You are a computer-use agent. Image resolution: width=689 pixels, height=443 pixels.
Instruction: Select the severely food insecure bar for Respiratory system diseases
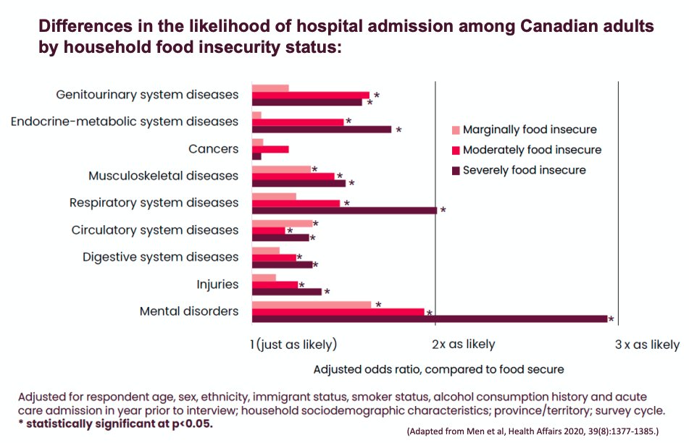point(344,211)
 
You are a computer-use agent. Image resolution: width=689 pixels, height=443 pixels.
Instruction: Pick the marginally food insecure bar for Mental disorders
point(312,305)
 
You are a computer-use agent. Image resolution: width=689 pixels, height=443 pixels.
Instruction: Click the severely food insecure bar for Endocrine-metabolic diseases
point(322,130)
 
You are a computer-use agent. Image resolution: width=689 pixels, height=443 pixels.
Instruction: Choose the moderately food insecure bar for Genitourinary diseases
point(311,95)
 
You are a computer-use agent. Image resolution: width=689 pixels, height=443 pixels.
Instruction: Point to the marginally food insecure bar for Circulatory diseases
point(282,224)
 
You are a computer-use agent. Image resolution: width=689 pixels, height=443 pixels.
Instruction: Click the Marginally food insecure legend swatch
point(456,130)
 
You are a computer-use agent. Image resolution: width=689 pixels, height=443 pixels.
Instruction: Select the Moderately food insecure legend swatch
point(456,150)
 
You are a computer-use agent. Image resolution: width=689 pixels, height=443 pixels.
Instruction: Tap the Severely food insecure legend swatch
point(456,170)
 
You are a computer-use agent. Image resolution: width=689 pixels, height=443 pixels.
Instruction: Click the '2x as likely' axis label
point(464,345)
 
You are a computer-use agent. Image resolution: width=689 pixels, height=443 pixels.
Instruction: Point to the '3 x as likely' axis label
point(647,345)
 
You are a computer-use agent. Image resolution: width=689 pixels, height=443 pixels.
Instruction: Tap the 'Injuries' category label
point(217,284)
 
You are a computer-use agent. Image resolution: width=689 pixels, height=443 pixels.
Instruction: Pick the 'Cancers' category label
point(213,149)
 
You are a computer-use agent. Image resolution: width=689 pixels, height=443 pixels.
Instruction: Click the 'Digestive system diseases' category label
point(160,257)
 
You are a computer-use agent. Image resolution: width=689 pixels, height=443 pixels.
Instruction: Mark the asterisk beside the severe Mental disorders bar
point(611,320)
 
